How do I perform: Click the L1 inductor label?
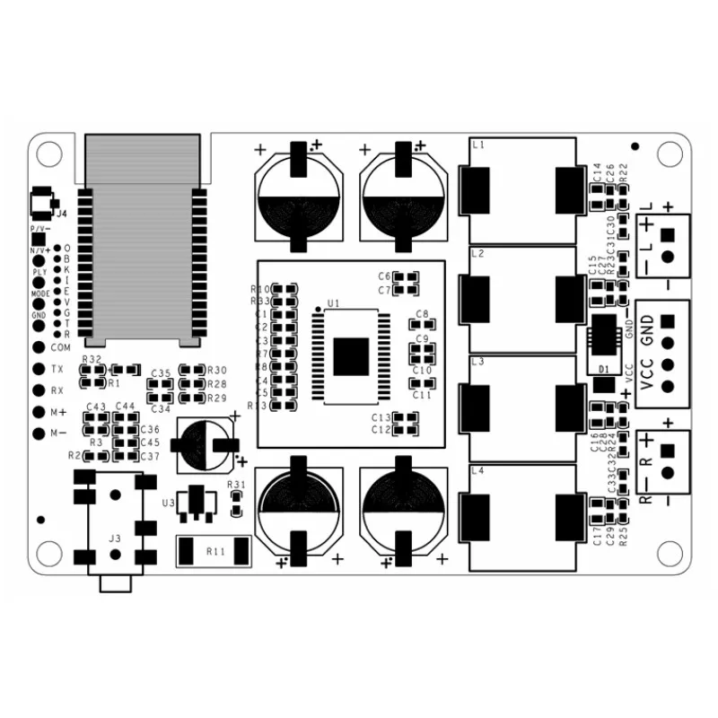(x=477, y=144)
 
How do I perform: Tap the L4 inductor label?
(x=477, y=471)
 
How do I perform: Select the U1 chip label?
(x=333, y=304)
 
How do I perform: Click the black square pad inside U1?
(x=351, y=356)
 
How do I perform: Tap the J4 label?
(x=61, y=214)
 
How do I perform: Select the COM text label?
(x=60, y=347)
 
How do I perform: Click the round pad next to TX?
(x=38, y=369)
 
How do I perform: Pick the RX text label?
(x=57, y=390)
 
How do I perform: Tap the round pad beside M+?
(x=38, y=412)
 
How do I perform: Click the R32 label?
(x=91, y=359)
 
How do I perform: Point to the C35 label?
(x=162, y=372)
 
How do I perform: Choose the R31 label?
(x=236, y=485)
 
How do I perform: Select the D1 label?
(x=603, y=369)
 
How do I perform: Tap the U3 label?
(x=168, y=503)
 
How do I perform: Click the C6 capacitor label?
(x=383, y=276)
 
